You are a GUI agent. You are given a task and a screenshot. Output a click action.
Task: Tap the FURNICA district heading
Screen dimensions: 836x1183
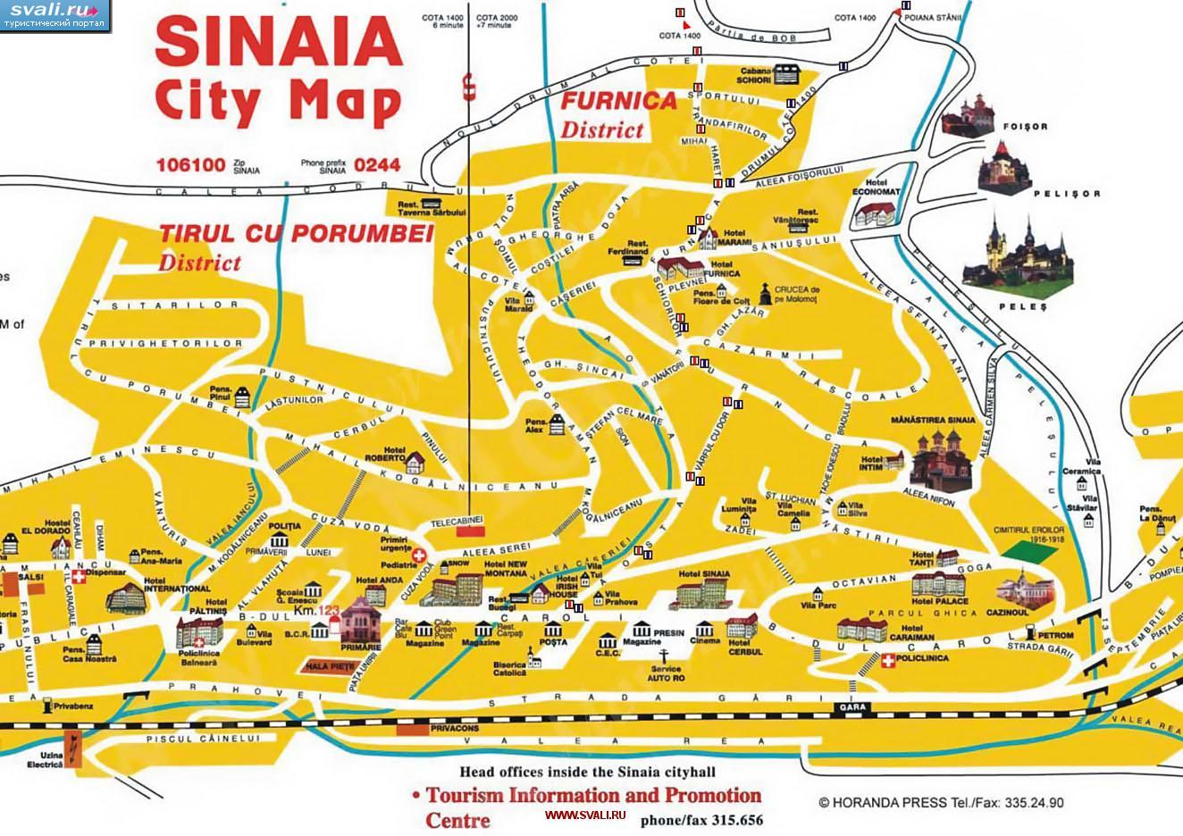pyautogui.click(x=618, y=101)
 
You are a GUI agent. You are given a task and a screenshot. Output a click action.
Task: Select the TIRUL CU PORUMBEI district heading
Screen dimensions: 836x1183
pyautogui.click(x=296, y=234)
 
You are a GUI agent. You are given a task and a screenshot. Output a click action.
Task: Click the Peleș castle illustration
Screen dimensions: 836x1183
pyautogui.click(x=1025, y=255)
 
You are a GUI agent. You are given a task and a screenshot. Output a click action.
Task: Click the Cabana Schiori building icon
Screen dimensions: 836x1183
pyautogui.click(x=787, y=74)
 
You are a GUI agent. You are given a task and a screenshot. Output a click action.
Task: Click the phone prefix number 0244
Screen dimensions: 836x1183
pyautogui.click(x=377, y=165)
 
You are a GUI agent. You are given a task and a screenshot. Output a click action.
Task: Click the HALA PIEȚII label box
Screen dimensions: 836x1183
pyautogui.click(x=330, y=665)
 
